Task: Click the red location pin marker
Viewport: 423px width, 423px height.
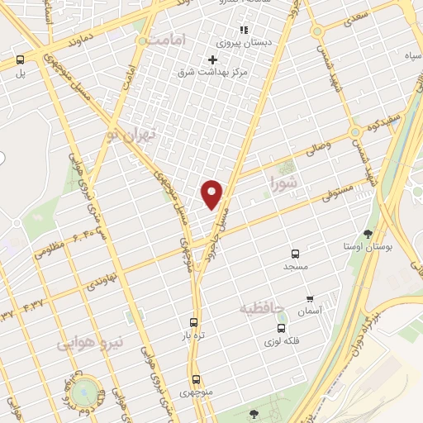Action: (x=212, y=193)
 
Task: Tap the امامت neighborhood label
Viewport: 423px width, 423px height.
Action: (x=168, y=40)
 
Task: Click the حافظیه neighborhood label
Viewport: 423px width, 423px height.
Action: (x=261, y=308)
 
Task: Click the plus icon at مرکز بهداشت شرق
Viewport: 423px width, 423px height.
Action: (x=213, y=59)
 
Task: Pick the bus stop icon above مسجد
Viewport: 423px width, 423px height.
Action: (x=295, y=254)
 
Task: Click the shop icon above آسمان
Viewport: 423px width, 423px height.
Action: (x=310, y=299)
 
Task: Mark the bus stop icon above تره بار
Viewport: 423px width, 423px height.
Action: (x=193, y=323)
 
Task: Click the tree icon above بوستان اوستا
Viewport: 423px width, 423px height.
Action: (x=367, y=234)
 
